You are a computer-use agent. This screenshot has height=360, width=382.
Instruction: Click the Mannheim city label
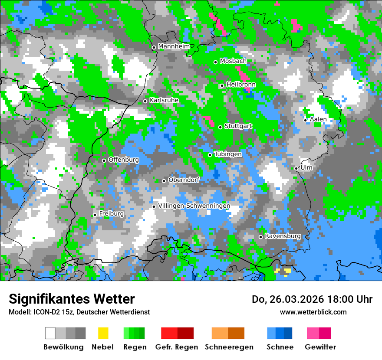click(174, 46)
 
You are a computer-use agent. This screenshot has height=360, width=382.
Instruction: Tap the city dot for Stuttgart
click(220, 127)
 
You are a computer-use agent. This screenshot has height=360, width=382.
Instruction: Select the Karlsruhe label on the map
click(164, 100)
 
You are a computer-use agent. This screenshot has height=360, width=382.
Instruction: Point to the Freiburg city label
click(111, 214)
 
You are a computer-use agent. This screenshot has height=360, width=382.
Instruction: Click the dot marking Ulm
click(296, 168)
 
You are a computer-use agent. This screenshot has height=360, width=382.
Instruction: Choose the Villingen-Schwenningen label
click(194, 206)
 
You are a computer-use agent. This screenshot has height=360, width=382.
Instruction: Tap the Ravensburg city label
click(283, 236)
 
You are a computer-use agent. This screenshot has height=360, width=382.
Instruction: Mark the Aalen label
click(318, 119)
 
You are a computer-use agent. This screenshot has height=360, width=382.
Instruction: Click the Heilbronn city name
click(241, 85)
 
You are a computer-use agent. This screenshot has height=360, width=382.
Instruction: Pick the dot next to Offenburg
click(104, 160)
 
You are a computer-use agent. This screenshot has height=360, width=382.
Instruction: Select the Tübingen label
click(228, 154)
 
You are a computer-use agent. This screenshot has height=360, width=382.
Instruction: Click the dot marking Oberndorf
click(164, 181)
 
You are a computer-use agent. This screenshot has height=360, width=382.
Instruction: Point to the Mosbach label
click(233, 61)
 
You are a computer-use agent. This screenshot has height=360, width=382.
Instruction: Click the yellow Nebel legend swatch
click(103, 333)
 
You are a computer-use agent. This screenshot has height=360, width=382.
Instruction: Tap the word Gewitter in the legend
click(320, 347)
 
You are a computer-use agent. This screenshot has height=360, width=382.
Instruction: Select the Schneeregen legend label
click(229, 347)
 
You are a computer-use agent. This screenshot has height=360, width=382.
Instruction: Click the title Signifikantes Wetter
click(72, 299)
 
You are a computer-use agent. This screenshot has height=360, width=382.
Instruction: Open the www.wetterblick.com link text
click(313, 312)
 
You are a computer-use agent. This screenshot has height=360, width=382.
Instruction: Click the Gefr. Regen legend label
click(177, 347)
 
